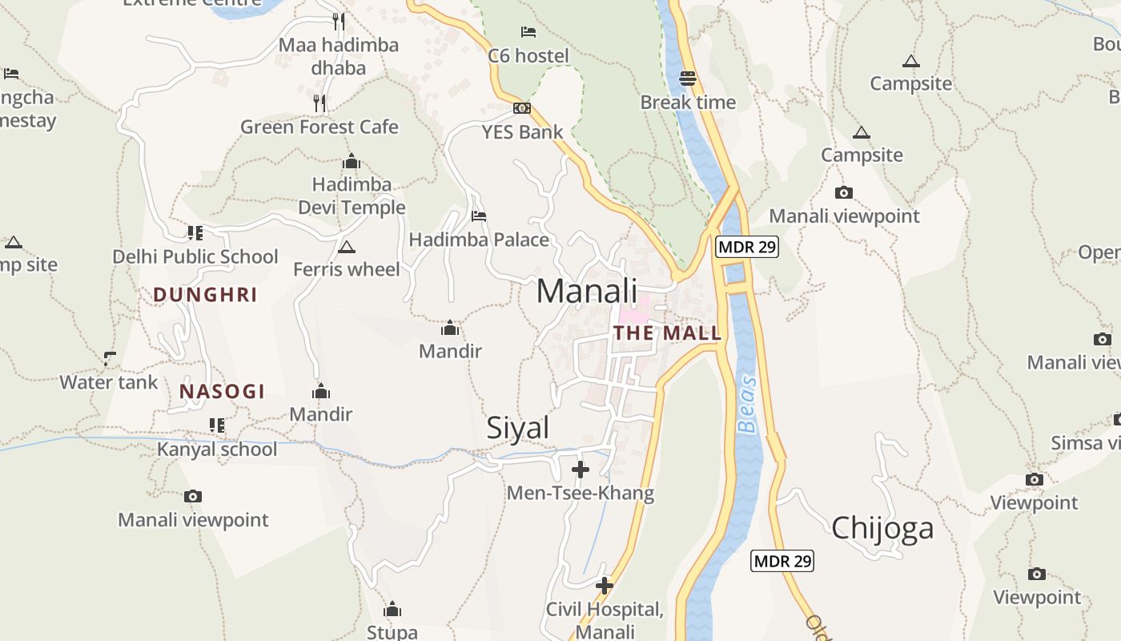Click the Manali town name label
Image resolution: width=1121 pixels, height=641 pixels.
[x=587, y=292]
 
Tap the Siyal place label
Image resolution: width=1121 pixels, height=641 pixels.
[x=518, y=428]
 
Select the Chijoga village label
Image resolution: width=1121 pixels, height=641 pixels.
[x=882, y=528]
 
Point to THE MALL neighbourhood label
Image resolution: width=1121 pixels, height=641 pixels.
[x=667, y=333]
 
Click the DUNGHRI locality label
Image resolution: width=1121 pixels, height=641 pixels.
[x=205, y=295]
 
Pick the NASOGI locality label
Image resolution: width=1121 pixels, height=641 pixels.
[x=222, y=392]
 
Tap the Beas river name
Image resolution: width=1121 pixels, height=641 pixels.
[x=748, y=405]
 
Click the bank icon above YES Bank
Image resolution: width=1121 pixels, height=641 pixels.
[x=522, y=108]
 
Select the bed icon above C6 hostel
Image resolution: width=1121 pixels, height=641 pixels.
[x=528, y=32]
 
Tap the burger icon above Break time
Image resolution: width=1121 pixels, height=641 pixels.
[x=688, y=79]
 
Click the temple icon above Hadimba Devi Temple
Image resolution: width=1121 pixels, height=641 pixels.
[x=351, y=162]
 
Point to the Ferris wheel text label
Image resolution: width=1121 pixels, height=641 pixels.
[x=346, y=269]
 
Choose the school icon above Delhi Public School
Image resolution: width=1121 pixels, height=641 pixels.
[x=195, y=233]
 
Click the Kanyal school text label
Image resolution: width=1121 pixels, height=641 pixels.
[x=217, y=449]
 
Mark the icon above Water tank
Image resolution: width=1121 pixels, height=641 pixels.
[x=110, y=358]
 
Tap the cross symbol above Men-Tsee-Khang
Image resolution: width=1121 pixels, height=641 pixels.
[x=581, y=470]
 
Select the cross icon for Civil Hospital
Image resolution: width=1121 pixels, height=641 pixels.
[x=605, y=586]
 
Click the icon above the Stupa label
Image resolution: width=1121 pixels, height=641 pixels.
[x=392, y=610]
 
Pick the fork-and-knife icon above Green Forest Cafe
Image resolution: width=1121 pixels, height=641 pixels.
[x=319, y=103]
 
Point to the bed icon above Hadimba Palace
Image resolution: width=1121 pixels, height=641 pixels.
[x=479, y=216]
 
